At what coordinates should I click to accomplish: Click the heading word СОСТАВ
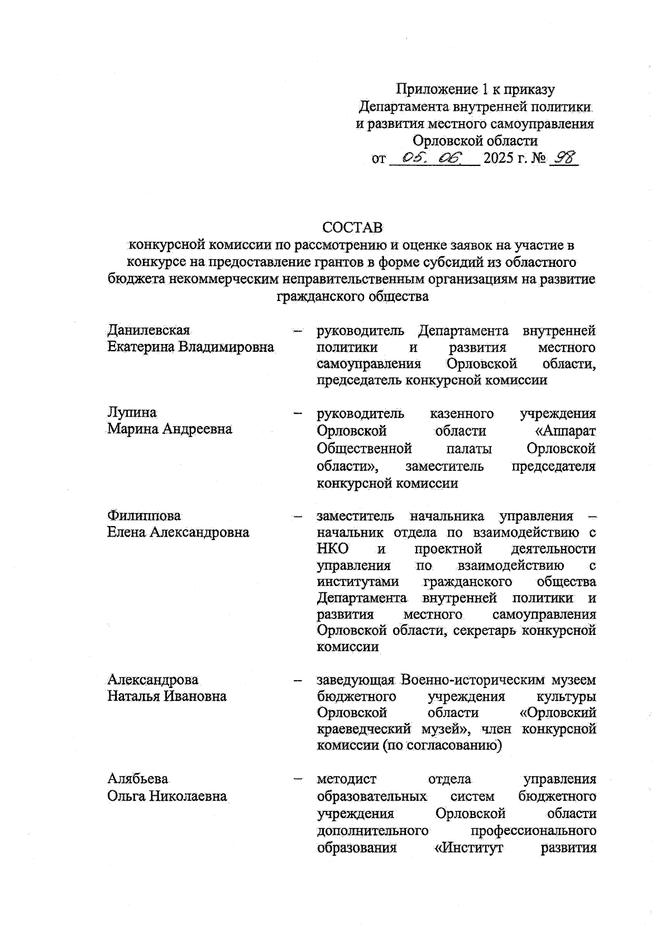tap(352, 228)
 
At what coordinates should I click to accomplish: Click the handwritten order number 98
tap(563, 159)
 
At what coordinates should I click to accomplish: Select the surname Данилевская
tap(149, 330)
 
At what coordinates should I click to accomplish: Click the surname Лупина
tap(132, 413)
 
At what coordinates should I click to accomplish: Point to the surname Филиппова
tap(144, 515)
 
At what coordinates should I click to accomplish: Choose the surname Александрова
tap(153, 680)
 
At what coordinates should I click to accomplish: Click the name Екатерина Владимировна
tap(190, 347)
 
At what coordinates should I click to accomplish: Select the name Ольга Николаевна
tap(167, 795)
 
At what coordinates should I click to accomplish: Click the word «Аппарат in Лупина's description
tap(565, 431)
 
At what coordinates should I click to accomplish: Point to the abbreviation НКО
tap(333, 549)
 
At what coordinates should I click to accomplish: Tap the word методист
tap(346, 779)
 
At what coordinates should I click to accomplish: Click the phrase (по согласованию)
tap(442, 746)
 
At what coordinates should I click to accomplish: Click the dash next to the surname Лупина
tap(298, 414)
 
